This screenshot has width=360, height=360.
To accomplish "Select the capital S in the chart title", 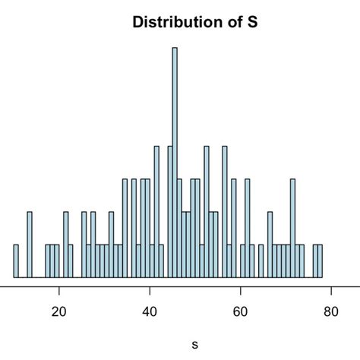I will (252, 22).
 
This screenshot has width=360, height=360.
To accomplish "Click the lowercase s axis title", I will (195, 344).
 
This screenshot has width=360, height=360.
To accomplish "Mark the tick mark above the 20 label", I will (60, 290).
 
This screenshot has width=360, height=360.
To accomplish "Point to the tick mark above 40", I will (150, 290).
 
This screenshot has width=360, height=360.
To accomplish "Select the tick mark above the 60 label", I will (241, 290).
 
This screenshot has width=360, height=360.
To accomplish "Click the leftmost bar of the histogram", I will (15, 261).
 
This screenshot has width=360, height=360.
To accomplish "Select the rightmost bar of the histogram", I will (321, 261).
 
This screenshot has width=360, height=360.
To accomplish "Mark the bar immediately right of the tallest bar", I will (179, 229).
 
